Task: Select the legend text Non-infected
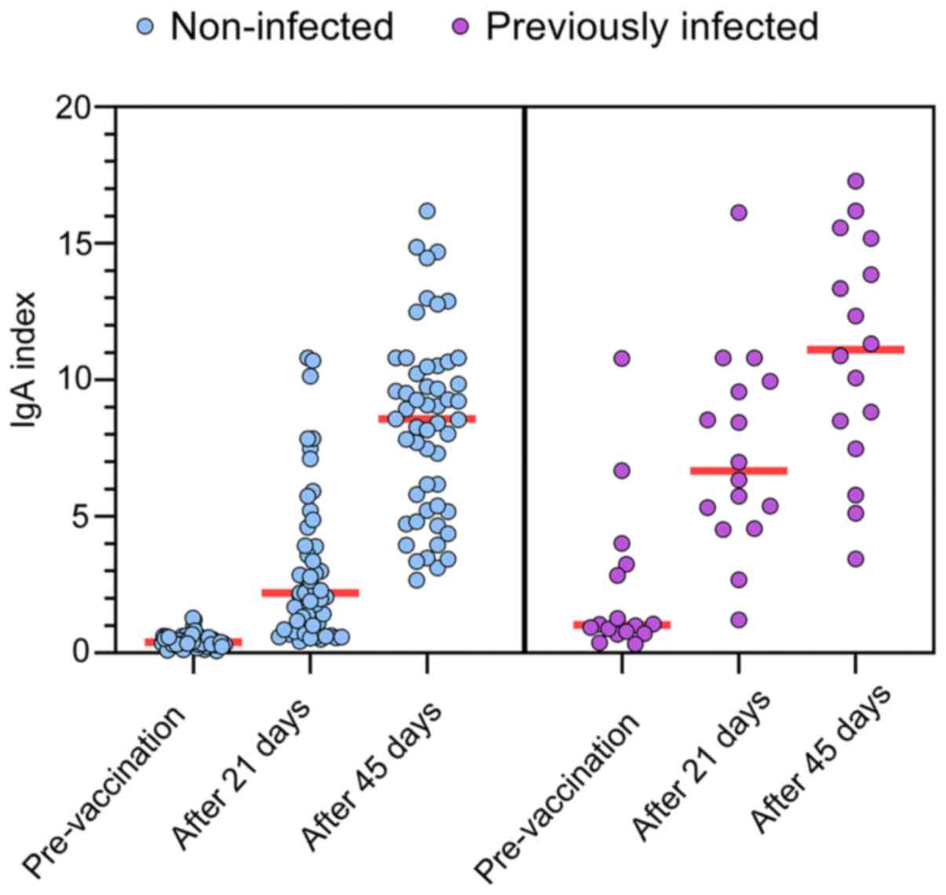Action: click(282, 27)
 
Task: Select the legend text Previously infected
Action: click(652, 27)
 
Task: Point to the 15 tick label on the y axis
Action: click(76, 243)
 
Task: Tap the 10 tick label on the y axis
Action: click(76, 379)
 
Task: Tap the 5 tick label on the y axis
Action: click(86, 516)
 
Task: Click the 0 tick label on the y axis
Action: click(86, 652)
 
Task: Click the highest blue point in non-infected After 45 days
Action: click(427, 210)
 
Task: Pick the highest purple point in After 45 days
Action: click(856, 181)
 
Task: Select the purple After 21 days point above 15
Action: click(739, 212)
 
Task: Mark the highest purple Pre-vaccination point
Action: click(622, 358)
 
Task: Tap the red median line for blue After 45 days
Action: click(427, 418)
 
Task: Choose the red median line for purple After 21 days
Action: click(739, 470)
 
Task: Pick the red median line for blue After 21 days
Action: click(310, 593)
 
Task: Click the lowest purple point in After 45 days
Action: click(856, 559)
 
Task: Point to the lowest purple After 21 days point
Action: click(739, 619)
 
